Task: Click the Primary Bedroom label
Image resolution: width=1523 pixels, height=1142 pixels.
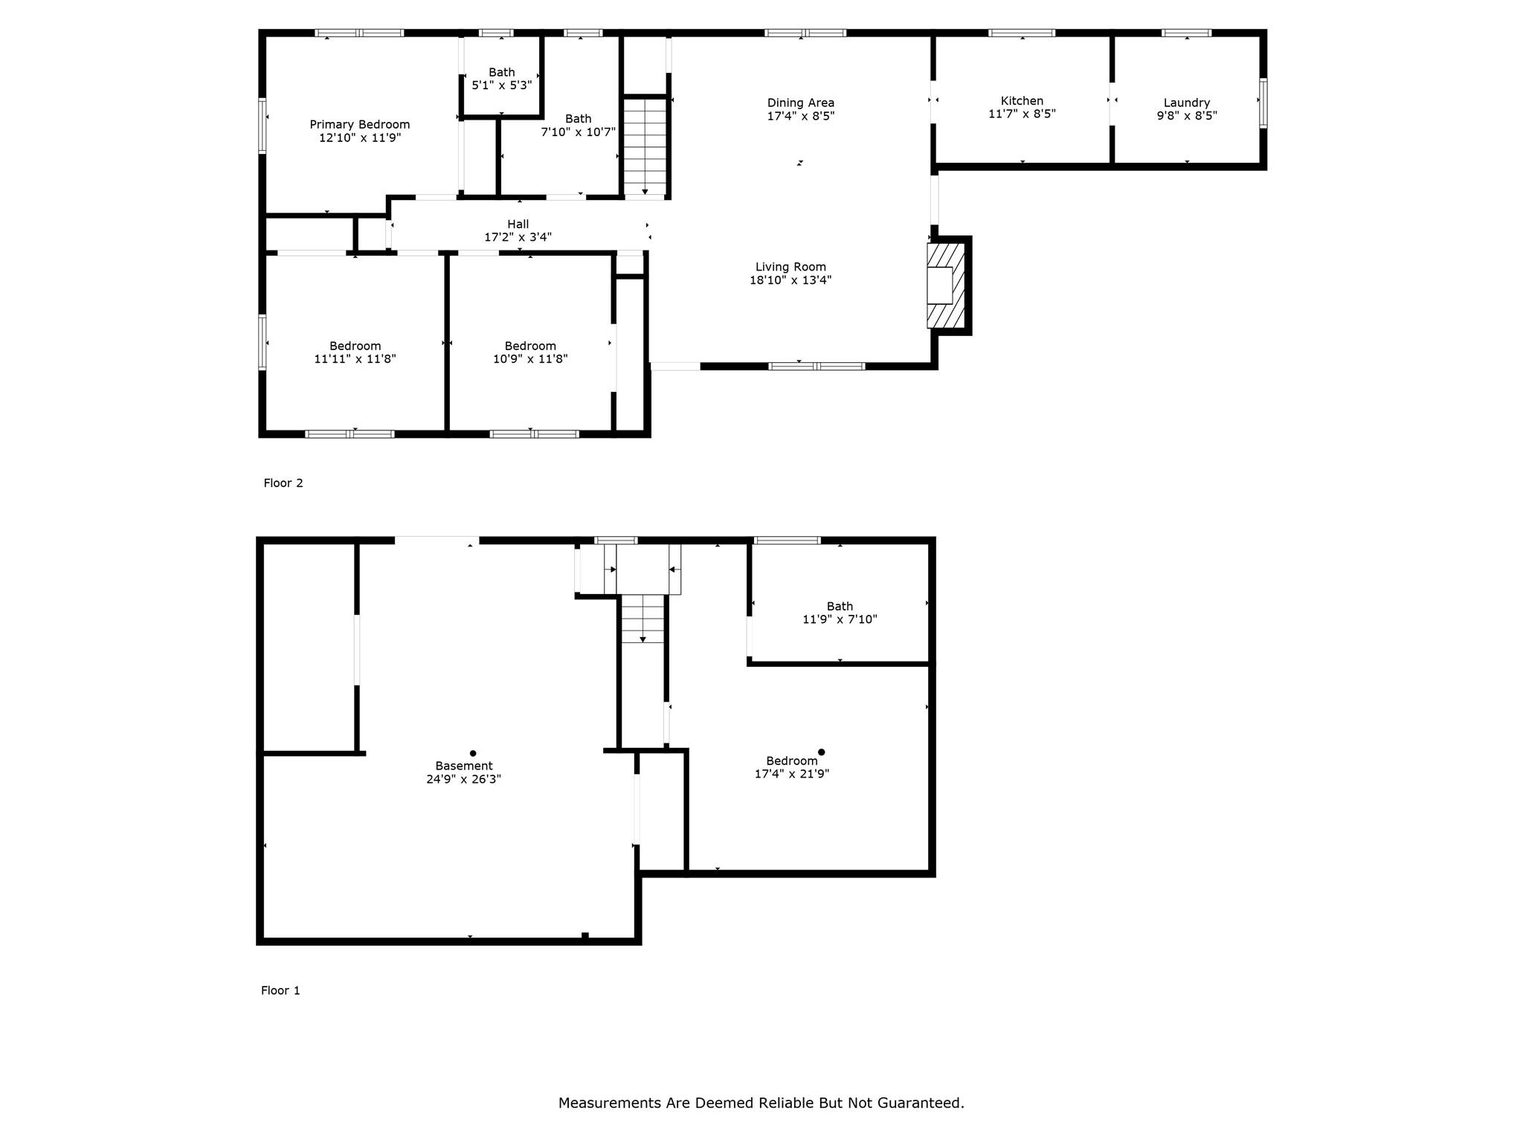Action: [x=360, y=125]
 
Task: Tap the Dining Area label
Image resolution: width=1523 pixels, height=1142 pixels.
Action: [x=801, y=103]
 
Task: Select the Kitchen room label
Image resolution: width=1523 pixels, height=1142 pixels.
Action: [x=1022, y=101]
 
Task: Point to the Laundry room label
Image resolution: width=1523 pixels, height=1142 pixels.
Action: [x=1187, y=103]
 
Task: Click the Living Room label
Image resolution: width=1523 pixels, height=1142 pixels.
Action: [x=791, y=267]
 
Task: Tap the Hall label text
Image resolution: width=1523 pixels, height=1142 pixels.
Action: [x=518, y=225]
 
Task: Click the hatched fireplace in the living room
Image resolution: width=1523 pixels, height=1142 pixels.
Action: [x=945, y=285]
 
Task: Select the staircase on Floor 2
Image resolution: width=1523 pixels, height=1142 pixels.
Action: [x=645, y=146]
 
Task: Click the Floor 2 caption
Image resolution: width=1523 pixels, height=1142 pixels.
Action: [x=283, y=483]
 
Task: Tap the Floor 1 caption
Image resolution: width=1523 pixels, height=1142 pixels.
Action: [x=280, y=990]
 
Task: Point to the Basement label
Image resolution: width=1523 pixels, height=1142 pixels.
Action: [x=464, y=766]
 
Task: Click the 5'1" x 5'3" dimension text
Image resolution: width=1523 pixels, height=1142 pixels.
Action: [x=502, y=86]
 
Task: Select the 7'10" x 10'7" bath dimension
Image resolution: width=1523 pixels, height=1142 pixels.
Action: [x=579, y=132]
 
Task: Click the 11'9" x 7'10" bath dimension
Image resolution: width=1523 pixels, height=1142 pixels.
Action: [x=840, y=619]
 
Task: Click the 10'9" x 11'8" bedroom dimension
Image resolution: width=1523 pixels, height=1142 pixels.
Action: [x=530, y=359]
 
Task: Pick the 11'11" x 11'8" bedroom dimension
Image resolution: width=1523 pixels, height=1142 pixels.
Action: [x=355, y=359]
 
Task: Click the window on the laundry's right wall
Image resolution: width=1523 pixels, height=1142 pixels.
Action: [x=1263, y=103]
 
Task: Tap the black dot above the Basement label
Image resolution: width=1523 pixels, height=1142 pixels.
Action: [x=473, y=753]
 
